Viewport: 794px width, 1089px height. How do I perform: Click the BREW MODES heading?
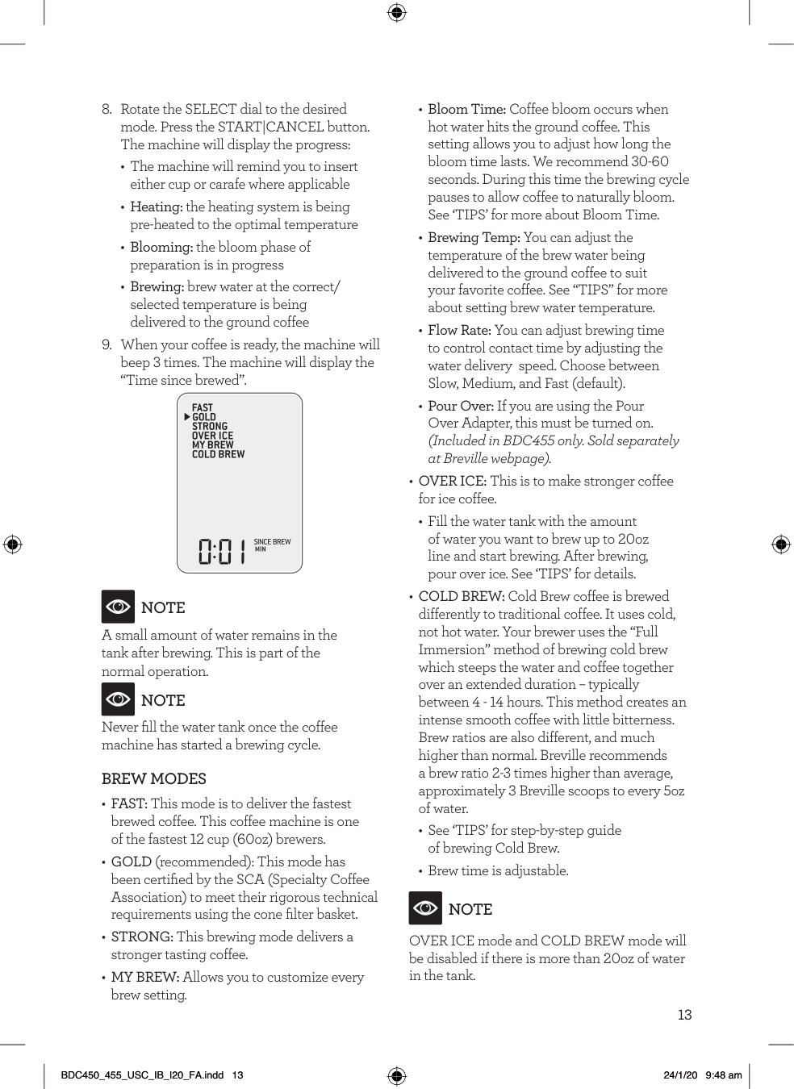(153, 778)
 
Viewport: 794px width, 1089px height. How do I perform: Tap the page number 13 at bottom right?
(684, 1015)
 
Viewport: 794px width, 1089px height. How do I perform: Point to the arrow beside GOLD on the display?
(187, 417)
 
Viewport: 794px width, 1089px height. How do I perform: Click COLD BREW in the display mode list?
(218, 454)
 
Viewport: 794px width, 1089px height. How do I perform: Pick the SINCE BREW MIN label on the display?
(272, 545)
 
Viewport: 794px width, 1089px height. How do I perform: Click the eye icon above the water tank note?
(118, 607)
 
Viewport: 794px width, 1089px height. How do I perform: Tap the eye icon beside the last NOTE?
(425, 908)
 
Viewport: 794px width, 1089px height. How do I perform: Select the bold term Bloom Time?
(466, 109)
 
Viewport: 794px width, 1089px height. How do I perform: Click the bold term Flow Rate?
(459, 330)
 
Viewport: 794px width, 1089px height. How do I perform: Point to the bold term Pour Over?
(460, 406)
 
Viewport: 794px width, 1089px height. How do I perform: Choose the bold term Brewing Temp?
(474, 237)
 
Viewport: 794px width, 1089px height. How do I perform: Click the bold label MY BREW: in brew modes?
(144, 977)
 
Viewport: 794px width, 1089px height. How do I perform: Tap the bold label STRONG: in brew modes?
(142, 937)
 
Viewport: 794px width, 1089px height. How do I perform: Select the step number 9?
(107, 345)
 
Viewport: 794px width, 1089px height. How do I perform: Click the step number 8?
(107, 109)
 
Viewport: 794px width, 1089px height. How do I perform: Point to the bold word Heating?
(157, 207)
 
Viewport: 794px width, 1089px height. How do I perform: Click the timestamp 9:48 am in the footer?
(724, 1075)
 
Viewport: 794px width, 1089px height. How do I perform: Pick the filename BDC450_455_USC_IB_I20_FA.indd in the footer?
(143, 1075)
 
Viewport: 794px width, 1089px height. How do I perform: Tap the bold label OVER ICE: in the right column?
(452, 481)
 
